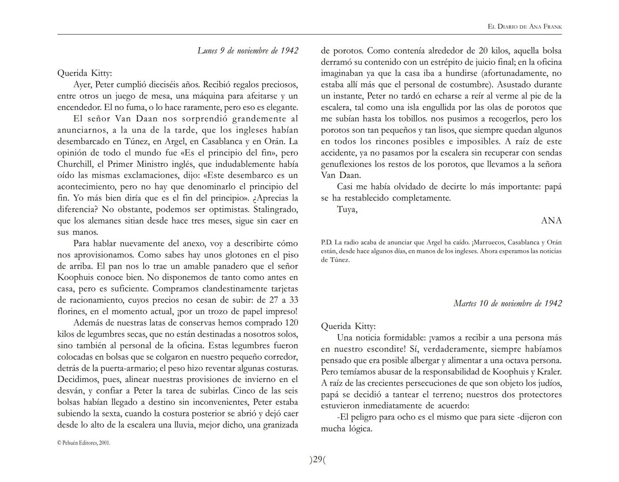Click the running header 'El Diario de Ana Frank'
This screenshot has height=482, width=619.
(524, 27)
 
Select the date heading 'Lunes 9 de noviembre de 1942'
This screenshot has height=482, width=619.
(248, 51)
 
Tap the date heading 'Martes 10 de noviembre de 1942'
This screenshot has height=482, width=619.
(508, 303)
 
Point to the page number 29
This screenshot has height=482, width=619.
(318, 460)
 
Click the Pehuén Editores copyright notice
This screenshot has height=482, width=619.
(83, 443)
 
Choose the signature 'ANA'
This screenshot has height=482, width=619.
(551, 221)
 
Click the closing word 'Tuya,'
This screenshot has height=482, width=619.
(347, 209)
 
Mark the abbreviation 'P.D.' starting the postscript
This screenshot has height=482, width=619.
(326, 243)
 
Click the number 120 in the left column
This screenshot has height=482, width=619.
(291, 323)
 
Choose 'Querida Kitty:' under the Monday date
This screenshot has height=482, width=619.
(85, 73)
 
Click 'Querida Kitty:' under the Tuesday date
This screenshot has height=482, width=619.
(348, 326)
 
